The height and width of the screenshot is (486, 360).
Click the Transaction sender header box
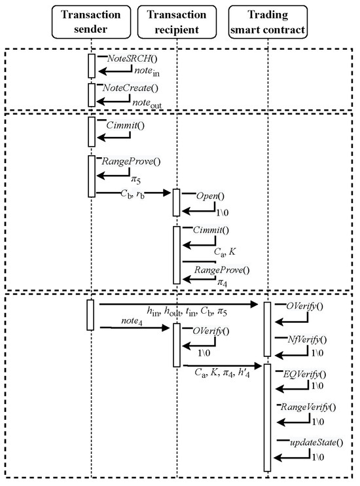pyautogui.click(x=91, y=24)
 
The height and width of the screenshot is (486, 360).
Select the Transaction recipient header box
pyautogui.click(x=177, y=24)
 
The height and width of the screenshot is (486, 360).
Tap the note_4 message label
pyautogui.click(x=135, y=320)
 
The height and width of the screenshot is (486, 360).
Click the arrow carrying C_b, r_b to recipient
pyautogui.click(x=134, y=194)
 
